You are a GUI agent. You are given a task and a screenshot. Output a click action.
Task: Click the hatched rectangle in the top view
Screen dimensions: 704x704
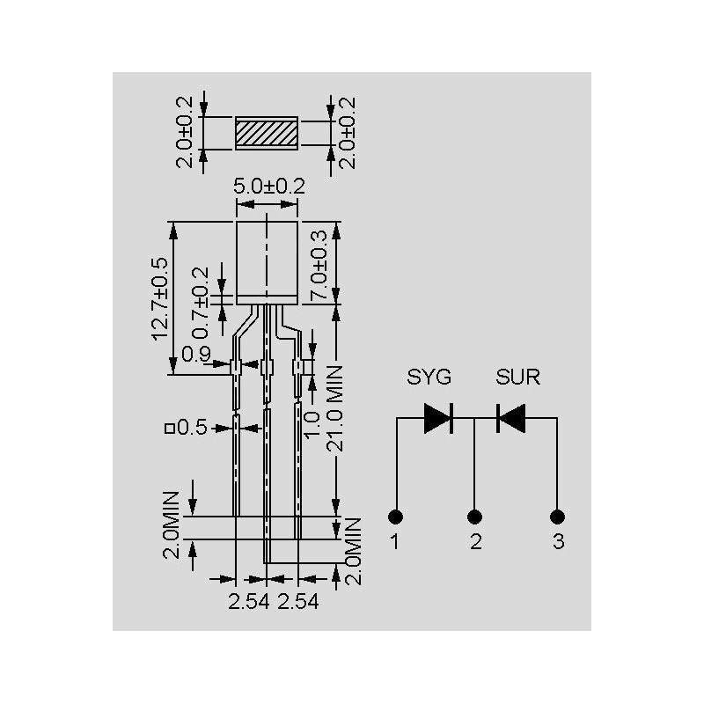pos(267,134)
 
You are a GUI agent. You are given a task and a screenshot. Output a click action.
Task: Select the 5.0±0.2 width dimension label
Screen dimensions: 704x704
pos(269,186)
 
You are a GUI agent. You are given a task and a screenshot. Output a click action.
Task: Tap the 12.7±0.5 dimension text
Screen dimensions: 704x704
pos(160,299)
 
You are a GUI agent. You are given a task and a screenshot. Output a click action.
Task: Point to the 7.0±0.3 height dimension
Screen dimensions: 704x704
pos(319,265)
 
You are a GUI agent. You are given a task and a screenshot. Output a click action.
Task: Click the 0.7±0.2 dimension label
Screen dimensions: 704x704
pos(201,303)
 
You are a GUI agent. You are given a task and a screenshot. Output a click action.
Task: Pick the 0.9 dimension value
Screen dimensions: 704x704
pos(196,355)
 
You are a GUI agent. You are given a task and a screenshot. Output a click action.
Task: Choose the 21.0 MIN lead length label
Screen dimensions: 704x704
pos(334,408)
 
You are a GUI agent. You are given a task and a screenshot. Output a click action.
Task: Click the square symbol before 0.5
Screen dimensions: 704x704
pos(169,429)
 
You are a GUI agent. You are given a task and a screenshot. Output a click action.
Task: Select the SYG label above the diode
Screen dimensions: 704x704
pos(429,377)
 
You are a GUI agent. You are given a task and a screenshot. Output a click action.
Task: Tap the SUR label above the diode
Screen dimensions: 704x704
pos(517,377)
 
